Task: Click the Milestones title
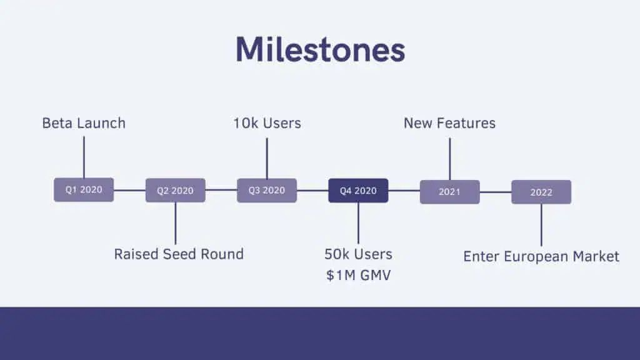[321, 50]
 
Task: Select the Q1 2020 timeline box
[84, 190]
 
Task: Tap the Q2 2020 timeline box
[176, 190]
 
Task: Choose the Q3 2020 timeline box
[267, 190]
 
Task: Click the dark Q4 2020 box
[358, 191]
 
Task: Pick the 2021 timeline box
[450, 192]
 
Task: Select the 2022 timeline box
[541, 192]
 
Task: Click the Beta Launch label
[84, 123]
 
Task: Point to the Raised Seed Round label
[179, 254]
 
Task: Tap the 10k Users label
[267, 123]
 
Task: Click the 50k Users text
[358, 254]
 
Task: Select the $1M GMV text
[358, 275]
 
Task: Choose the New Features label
[450, 123]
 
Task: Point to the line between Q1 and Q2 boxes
[130, 190]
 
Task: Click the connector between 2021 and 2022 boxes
[496, 192]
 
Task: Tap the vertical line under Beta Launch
[84, 157]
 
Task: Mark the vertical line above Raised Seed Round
[176, 223]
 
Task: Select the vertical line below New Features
[450, 159]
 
